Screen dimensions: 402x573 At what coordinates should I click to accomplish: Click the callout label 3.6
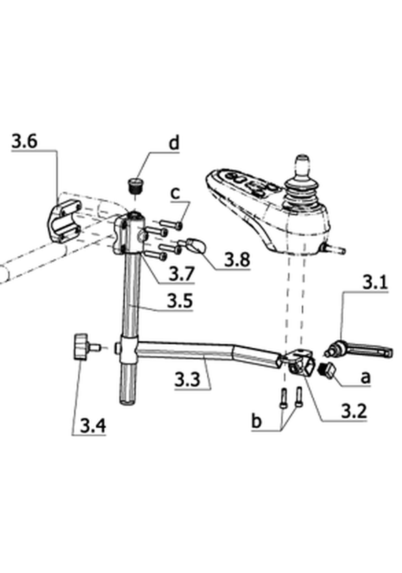click(x=24, y=141)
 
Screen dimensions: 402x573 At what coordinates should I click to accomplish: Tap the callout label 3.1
click(x=375, y=283)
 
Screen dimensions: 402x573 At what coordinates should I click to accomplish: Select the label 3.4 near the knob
click(x=93, y=426)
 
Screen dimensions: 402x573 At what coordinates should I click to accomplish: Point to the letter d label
click(x=174, y=143)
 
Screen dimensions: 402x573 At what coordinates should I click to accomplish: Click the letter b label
click(x=257, y=421)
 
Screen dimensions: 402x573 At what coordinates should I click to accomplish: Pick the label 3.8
click(x=237, y=260)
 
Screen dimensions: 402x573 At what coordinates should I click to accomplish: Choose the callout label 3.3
click(x=187, y=379)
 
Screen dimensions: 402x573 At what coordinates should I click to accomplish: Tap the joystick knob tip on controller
click(x=302, y=161)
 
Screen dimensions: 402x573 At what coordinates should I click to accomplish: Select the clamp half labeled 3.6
click(x=64, y=222)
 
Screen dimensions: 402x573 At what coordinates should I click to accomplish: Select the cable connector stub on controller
click(x=333, y=249)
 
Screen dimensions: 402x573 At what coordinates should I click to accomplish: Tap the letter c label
click(x=176, y=193)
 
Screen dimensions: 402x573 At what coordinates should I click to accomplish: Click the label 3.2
click(x=354, y=411)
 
